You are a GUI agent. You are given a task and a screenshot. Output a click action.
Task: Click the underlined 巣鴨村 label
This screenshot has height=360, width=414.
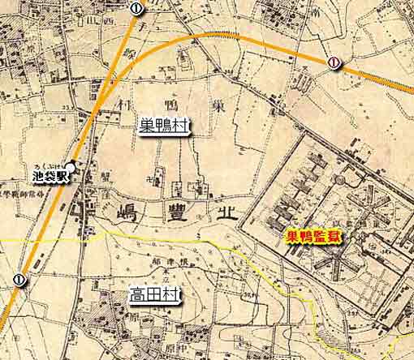coord(166,126)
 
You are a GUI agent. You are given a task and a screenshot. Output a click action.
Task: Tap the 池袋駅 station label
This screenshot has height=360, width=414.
coord(50,174)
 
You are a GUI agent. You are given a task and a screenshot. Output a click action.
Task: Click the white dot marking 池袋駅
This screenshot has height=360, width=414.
coord(71,168)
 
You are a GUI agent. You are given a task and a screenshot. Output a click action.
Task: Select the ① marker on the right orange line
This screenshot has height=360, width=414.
coord(334,62)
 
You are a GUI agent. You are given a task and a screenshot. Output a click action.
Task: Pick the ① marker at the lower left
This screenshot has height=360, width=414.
coord(19,280)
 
